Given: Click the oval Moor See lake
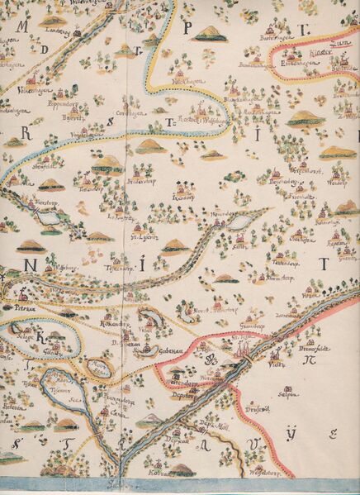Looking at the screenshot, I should click(99, 368).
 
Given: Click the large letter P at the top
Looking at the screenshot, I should click(187, 27).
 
